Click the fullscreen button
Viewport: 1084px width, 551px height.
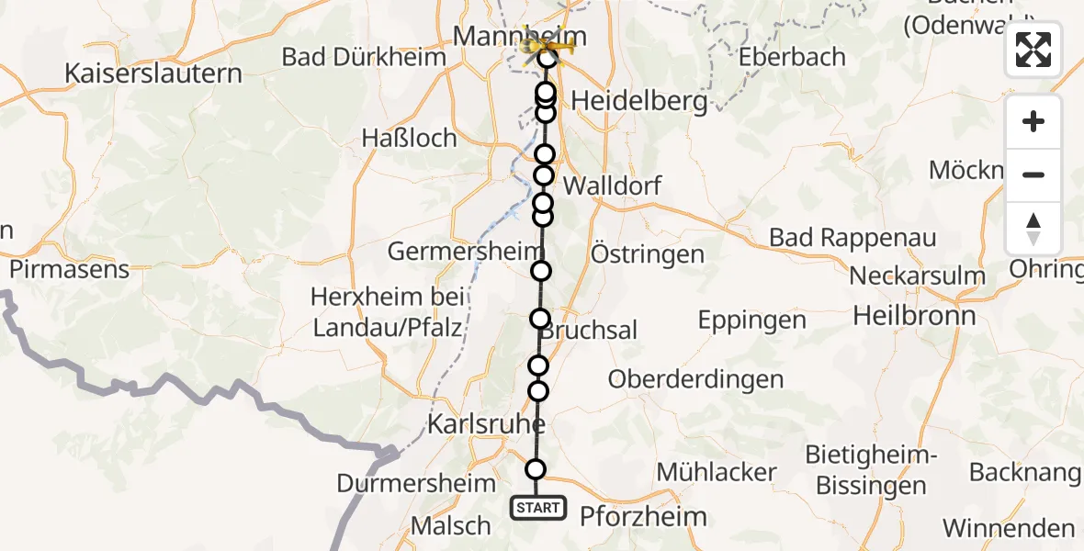[x=1033, y=50]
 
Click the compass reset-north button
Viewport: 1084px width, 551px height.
[x=1033, y=229]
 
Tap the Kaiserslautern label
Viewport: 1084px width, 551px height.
[x=153, y=73]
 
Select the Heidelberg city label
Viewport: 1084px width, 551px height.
[x=639, y=100]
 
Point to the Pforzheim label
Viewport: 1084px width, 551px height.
[x=643, y=516]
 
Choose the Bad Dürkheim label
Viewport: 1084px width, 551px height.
[x=364, y=57]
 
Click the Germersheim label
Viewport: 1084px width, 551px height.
[x=454, y=252]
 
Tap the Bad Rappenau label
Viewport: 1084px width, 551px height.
[x=853, y=238]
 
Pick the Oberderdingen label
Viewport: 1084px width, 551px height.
[x=695, y=378]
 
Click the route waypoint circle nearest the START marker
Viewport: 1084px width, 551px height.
[x=536, y=469]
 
